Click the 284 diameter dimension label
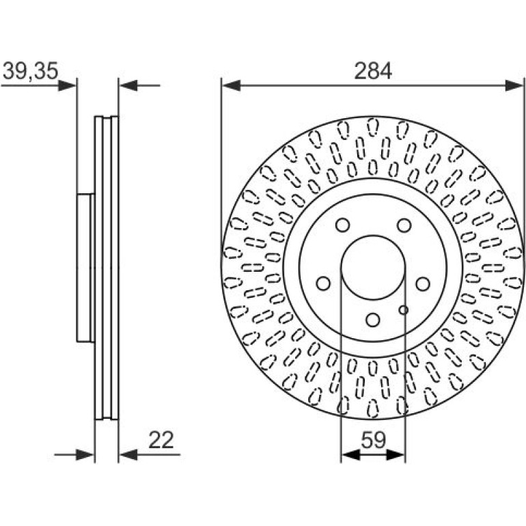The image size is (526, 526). point(373,71)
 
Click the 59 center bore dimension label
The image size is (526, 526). point(374,440)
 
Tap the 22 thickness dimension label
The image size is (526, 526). point(161,440)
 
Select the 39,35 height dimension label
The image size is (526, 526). point(31,71)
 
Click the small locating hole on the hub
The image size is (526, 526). point(404,310)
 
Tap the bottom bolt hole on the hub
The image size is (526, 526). point(373,320)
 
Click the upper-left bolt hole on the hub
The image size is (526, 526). point(342,225)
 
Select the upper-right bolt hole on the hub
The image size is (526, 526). point(404,225)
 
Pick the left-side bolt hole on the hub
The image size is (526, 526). point(324,283)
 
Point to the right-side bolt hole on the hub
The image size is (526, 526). point(423,283)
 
